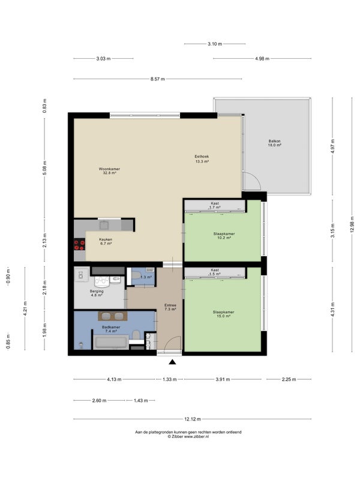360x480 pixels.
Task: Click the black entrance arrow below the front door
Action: click(x=172, y=362)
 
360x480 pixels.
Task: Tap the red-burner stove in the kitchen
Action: click(x=79, y=244)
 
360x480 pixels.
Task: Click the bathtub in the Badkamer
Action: click(x=111, y=342)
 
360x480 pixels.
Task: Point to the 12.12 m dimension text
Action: click(x=192, y=419)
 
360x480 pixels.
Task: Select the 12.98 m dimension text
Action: click(x=352, y=224)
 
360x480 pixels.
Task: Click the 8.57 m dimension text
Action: click(x=157, y=79)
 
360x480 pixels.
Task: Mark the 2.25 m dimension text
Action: click(x=289, y=379)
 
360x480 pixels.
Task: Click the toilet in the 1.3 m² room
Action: click(x=136, y=275)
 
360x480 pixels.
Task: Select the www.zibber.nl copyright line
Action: click(x=188, y=437)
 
